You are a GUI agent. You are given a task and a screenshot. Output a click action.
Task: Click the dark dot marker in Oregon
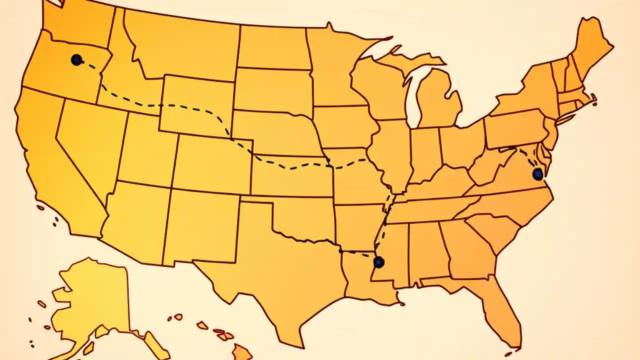[76, 60]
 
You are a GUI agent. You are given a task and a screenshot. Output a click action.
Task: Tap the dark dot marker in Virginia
[537, 174]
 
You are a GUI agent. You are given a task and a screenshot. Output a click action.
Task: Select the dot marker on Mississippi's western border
[379, 262]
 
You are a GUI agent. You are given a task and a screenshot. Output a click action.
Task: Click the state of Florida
[500, 305]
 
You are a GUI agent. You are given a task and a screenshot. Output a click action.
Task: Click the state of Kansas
[290, 175]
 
